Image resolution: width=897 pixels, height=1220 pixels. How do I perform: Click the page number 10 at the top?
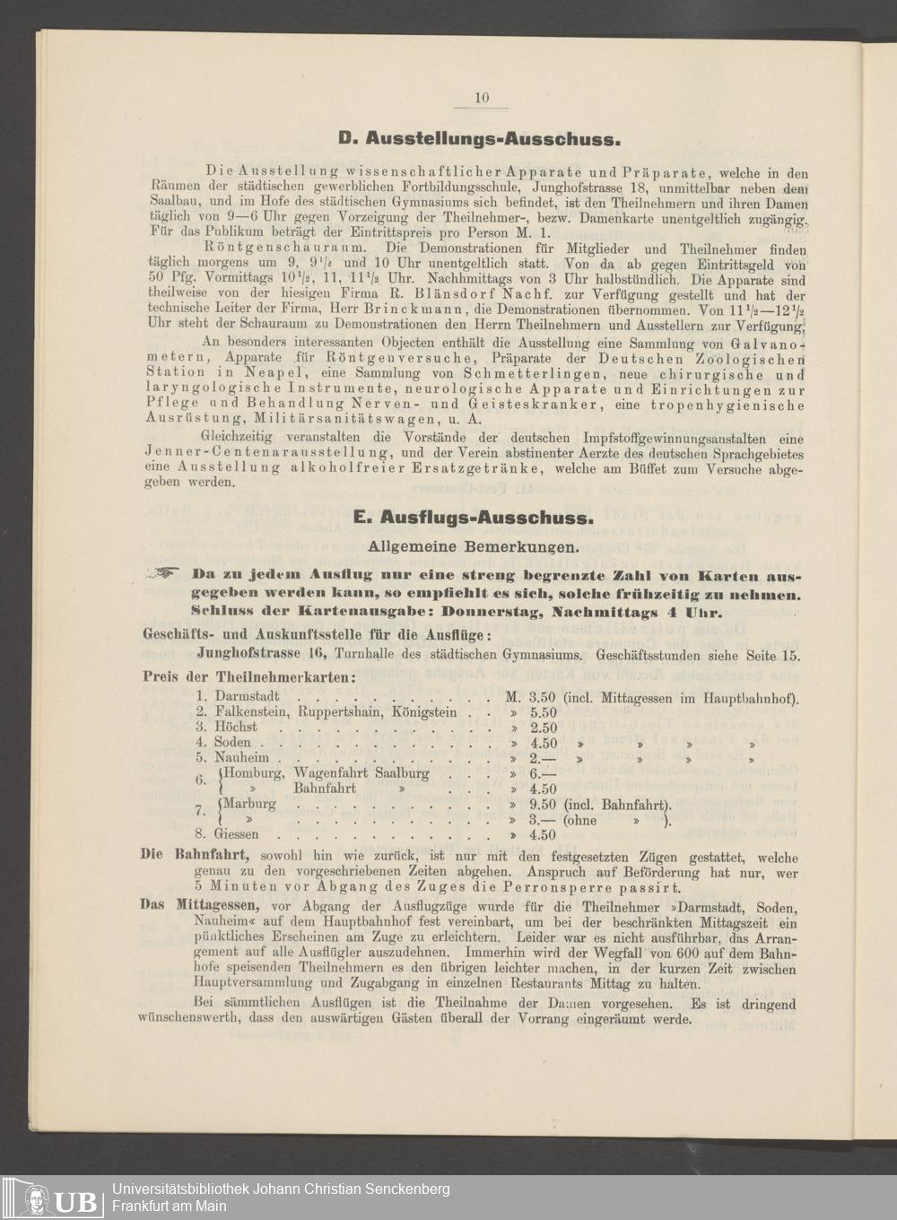[x=482, y=99]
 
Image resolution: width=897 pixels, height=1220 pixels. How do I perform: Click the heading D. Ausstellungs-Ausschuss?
[x=480, y=139]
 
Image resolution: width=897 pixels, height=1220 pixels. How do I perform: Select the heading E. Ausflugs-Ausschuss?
[x=473, y=518]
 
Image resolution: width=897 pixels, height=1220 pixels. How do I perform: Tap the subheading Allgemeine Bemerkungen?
[x=474, y=545]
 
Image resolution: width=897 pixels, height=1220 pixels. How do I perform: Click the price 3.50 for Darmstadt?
[x=544, y=697]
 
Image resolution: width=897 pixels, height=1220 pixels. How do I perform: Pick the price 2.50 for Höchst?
[x=544, y=728]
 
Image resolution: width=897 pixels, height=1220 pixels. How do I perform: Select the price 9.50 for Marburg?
[x=544, y=805]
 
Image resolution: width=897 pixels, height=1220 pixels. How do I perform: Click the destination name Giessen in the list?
[x=237, y=834]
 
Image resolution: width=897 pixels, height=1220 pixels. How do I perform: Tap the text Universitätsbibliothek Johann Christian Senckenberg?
[x=281, y=1189]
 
